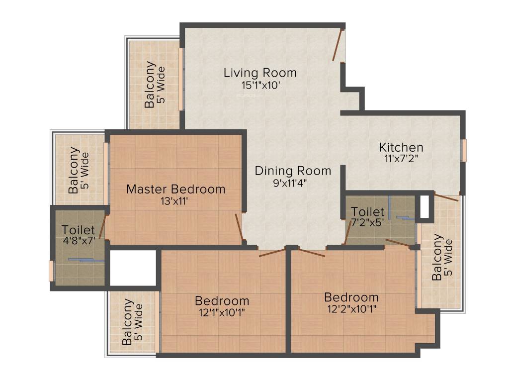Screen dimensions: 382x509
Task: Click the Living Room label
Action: pos(260,73)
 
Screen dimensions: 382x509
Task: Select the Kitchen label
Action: pos(401,147)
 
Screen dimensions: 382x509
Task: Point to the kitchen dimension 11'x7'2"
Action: pos(401,159)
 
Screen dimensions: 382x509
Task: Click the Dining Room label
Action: pos(293,171)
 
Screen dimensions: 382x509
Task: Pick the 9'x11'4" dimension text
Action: pos(293,183)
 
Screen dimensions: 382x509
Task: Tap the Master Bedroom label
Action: pos(175,189)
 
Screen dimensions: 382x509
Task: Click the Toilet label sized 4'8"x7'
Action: pos(78,230)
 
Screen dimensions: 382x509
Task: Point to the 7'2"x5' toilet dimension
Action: pos(367,223)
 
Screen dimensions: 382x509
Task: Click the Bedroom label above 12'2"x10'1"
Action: pos(351,297)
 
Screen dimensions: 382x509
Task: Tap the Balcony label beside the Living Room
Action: pos(150,85)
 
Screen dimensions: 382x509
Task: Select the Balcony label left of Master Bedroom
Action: pos(74,170)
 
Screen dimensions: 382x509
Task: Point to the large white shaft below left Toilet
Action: pos(133,268)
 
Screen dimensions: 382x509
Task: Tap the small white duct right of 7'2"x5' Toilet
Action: pos(424,206)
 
